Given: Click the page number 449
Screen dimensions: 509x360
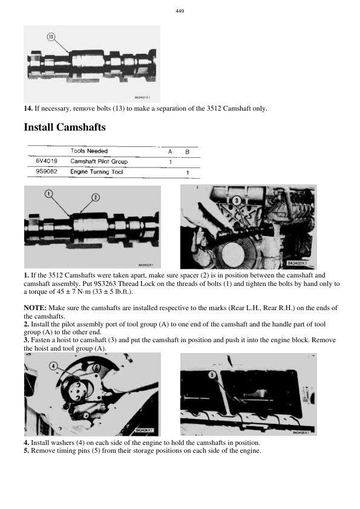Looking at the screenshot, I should pos(180,11).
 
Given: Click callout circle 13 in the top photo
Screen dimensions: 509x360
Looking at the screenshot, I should pos(51,37).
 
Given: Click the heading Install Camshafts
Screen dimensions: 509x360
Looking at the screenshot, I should pos(65,128).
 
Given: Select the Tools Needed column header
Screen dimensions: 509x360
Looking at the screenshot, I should pos(89,151).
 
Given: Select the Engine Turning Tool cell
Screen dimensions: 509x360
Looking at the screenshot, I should pos(97,172).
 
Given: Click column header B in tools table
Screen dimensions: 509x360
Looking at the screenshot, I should pos(187,151).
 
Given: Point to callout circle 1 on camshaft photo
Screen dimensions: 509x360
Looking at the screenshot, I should pos(48,193).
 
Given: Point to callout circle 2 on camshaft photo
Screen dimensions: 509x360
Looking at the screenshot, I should pos(95,198).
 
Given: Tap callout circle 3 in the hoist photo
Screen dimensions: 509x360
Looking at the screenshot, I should pos(238,199).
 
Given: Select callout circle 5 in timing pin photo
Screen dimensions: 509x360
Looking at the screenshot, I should pos(212,375).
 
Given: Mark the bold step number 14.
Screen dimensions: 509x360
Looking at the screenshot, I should pos(28,108).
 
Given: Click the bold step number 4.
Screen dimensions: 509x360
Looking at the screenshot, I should pos(27,443).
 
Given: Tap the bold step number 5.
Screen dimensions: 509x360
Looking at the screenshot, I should pos(27,450).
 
